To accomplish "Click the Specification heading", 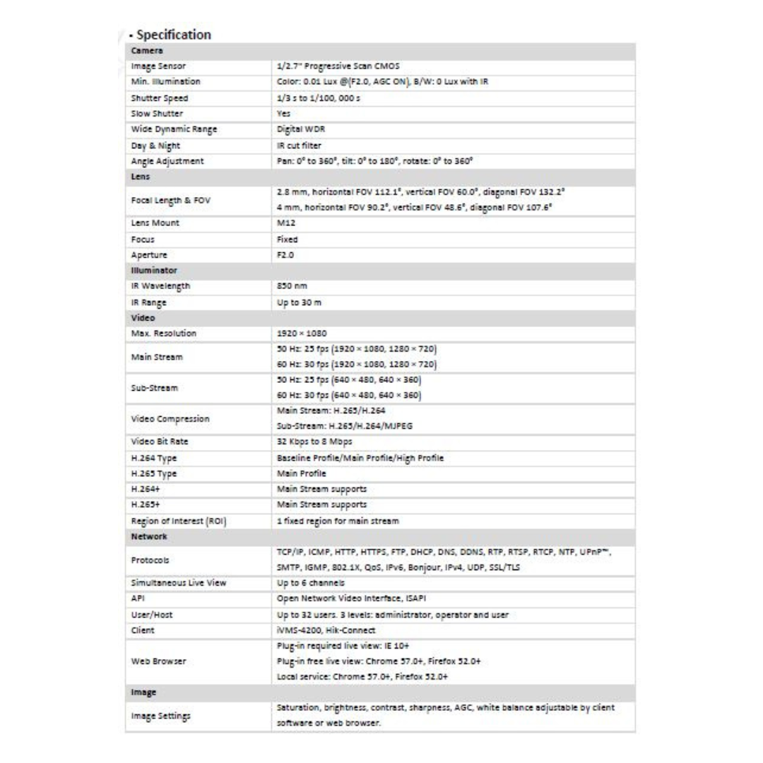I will [173, 35].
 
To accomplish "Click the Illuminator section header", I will [151, 271].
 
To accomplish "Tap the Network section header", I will [148, 537].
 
